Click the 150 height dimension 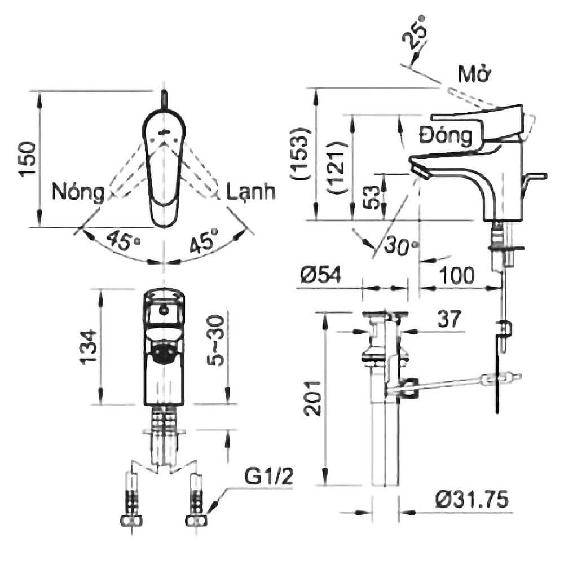pyautogui.click(x=28, y=158)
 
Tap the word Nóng pyautogui.click(x=78, y=192)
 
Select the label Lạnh pyautogui.click(x=251, y=192)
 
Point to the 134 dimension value pyautogui.click(x=89, y=347)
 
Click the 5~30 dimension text pyautogui.click(x=217, y=340)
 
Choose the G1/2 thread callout pyautogui.click(x=268, y=477)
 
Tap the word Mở pyautogui.click(x=474, y=74)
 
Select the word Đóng pyautogui.click(x=446, y=135)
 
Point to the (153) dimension pyautogui.click(x=299, y=153)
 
